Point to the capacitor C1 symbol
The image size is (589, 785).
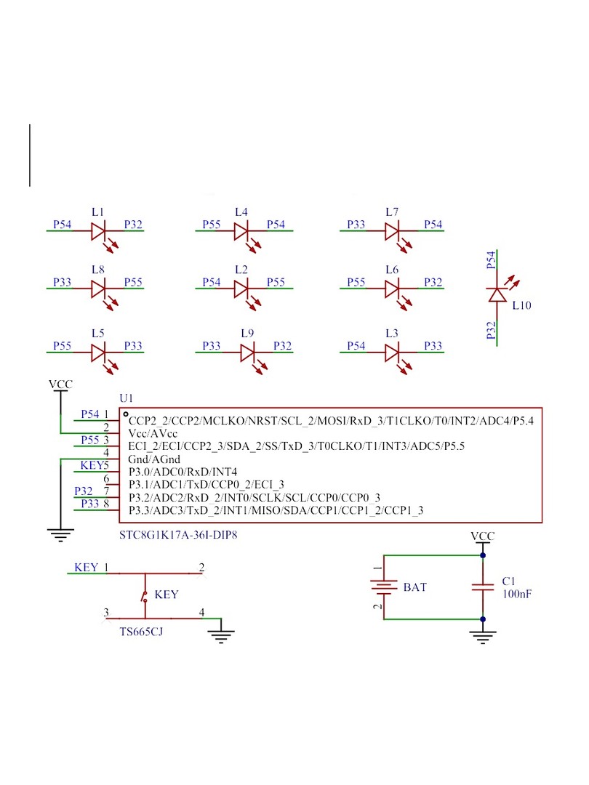click(x=483, y=587)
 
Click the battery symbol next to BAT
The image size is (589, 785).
click(x=384, y=587)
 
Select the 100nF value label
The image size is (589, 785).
click(x=517, y=595)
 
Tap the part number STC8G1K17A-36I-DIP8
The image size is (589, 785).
click(x=178, y=535)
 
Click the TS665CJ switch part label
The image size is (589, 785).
click(x=141, y=632)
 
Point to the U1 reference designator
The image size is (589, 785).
click(x=127, y=398)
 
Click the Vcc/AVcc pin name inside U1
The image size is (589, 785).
click(x=153, y=433)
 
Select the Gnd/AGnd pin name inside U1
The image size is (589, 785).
click(x=154, y=459)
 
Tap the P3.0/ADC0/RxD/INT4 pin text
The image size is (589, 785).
click(x=183, y=472)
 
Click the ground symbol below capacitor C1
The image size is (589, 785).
click(x=483, y=636)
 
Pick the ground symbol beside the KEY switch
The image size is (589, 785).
click(x=221, y=636)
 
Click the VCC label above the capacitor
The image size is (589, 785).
click(x=483, y=536)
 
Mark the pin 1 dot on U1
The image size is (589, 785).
click(x=126, y=414)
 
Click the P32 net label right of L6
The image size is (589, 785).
click(x=433, y=282)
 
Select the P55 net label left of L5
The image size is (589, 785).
click(x=62, y=346)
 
